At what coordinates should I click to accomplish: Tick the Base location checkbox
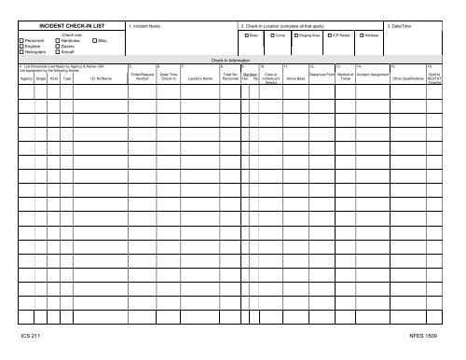coord(244,35)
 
